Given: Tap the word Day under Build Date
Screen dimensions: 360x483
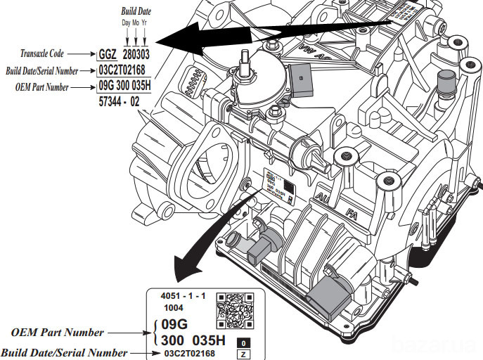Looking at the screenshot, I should (126, 22).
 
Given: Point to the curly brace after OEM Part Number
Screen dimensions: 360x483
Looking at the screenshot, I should (153, 332).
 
